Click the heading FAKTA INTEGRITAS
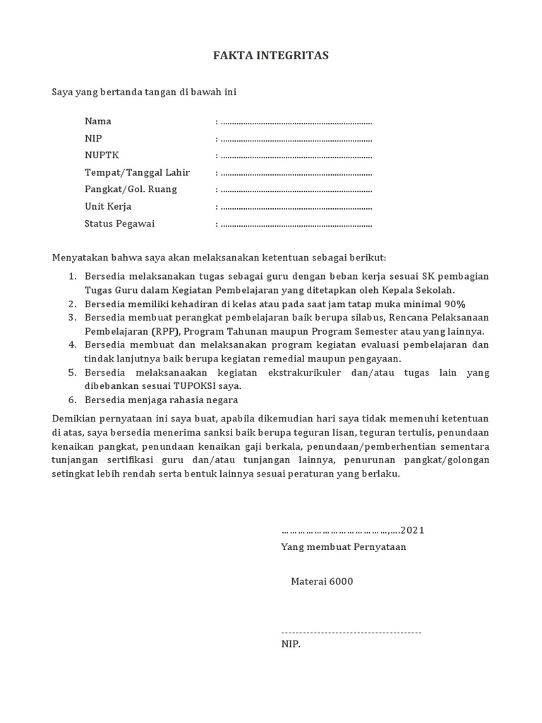coord(271,56)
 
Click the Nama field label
coord(98,121)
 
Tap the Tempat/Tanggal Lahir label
coord(137,172)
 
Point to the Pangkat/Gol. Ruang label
coord(131,189)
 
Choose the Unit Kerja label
coord(108,207)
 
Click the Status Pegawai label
coord(119,224)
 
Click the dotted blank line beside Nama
coord(296,123)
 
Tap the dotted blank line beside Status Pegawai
coord(296,225)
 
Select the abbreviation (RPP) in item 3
coord(164,331)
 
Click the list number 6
coord(72,400)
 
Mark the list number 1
coord(72,276)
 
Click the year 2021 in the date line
coord(412,530)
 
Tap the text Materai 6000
coord(322,582)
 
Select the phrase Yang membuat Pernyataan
coord(343,547)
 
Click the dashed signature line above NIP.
coord(351,632)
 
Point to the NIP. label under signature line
coord(291,645)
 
